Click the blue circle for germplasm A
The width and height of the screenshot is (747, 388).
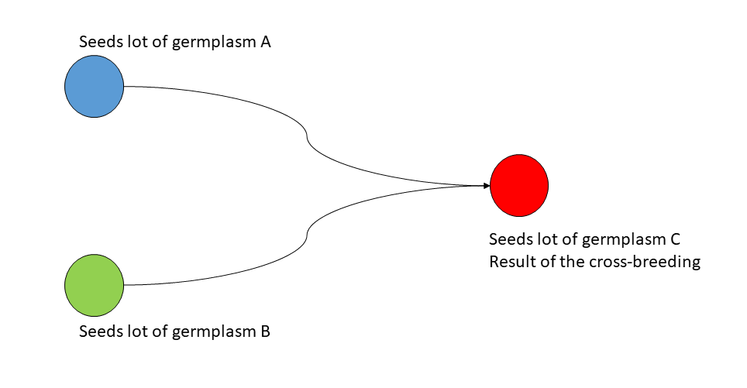tap(95, 86)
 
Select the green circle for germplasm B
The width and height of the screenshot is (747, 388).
tap(95, 285)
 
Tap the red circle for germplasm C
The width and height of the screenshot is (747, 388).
tap(519, 185)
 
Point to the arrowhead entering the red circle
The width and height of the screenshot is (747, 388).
tap(487, 185)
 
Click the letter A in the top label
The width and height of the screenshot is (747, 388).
tap(265, 42)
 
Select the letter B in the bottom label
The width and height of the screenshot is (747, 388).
tap(265, 331)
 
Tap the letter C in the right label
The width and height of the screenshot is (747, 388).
tap(675, 239)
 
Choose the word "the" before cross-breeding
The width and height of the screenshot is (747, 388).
tap(572, 262)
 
